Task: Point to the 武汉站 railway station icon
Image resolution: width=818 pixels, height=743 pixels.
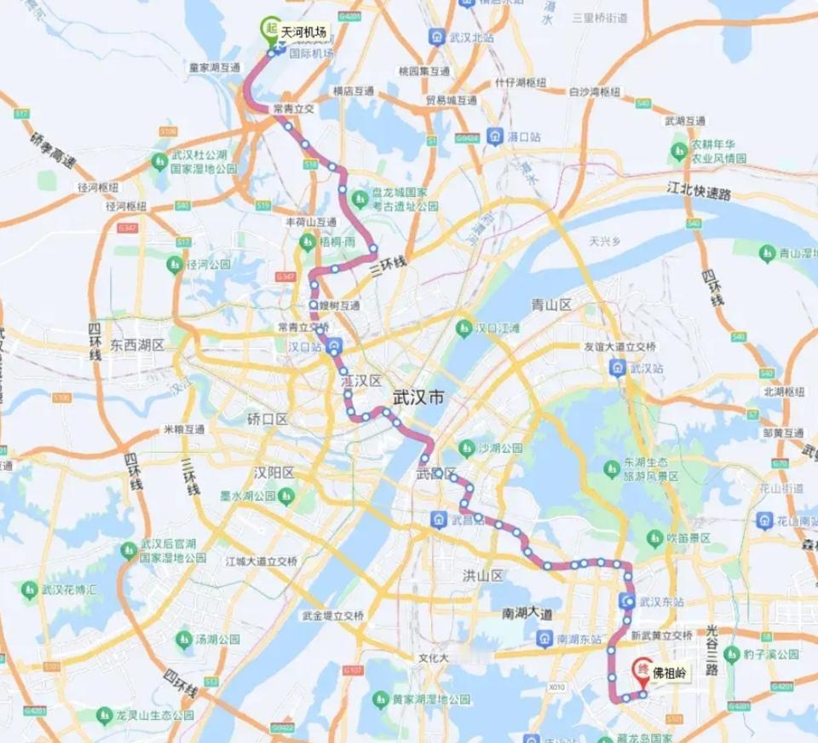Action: [617, 369]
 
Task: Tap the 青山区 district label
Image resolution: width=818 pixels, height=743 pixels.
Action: [550, 305]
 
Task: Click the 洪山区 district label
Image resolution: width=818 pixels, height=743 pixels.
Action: [482, 575]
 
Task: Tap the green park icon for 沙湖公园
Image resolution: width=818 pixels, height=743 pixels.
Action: [465, 448]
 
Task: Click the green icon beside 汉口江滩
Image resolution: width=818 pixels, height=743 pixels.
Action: [464, 328]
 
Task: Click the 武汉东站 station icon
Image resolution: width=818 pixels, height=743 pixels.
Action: [629, 601]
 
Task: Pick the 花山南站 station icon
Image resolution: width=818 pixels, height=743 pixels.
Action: [764, 520]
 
